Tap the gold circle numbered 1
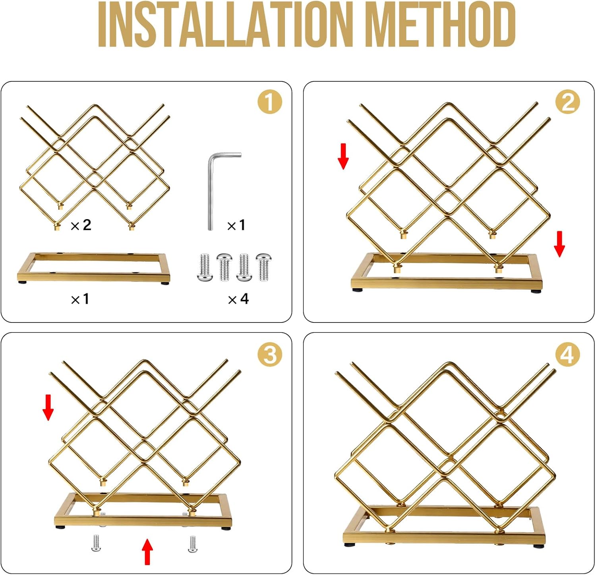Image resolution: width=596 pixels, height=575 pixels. pyautogui.click(x=270, y=102)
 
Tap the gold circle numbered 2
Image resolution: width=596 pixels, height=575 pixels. pyautogui.click(x=567, y=102)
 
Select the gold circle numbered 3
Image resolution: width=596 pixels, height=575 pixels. pyautogui.click(x=270, y=354)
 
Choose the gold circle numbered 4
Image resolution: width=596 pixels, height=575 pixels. pyautogui.click(x=567, y=354)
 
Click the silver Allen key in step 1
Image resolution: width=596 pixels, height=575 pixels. pyautogui.click(x=211, y=191)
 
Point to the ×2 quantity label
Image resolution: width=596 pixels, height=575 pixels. pyautogui.click(x=81, y=225)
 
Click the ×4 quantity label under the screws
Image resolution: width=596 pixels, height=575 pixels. pyautogui.click(x=238, y=299)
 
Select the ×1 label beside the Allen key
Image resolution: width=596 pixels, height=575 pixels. pyautogui.click(x=236, y=225)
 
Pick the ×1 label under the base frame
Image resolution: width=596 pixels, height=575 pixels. pyautogui.click(x=80, y=299)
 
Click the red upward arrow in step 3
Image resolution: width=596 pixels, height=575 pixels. pyautogui.click(x=147, y=551)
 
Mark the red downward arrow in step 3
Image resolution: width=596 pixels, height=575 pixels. pyautogui.click(x=48, y=407)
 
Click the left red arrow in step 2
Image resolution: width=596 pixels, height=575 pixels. pyautogui.click(x=343, y=156)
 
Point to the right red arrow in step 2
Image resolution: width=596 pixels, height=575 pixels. pyautogui.click(x=559, y=244)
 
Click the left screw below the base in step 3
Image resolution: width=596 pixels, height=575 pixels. pyautogui.click(x=96, y=543)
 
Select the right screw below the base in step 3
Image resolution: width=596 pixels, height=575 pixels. pyautogui.click(x=192, y=544)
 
